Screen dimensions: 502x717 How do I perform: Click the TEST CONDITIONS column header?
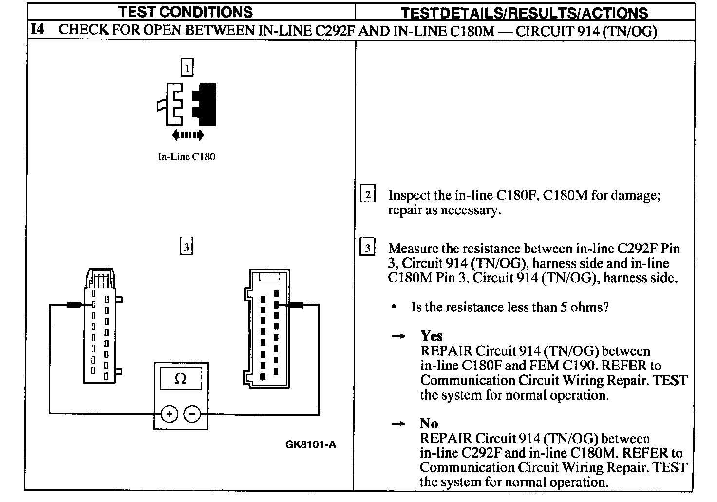click(x=186, y=12)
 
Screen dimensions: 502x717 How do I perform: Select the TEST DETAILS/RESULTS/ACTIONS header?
click(x=524, y=13)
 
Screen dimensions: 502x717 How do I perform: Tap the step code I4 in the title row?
click(x=38, y=30)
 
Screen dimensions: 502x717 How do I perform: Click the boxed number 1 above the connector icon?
click(x=187, y=67)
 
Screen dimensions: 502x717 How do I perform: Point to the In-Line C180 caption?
click(x=187, y=157)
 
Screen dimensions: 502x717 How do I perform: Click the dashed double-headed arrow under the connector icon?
click(x=188, y=135)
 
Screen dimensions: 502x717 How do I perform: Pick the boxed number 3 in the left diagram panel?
click(x=186, y=247)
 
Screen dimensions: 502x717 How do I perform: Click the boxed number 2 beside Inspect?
click(x=367, y=195)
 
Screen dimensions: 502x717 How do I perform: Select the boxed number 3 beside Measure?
click(x=367, y=248)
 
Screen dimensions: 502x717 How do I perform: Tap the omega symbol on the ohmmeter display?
click(x=180, y=379)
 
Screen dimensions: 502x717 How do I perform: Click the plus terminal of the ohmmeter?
click(x=169, y=415)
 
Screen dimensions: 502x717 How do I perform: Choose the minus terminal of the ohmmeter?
click(x=192, y=415)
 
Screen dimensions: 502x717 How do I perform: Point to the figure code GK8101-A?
click(x=310, y=444)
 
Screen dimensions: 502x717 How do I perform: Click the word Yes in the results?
click(x=431, y=336)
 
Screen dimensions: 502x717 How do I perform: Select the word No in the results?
click(x=429, y=423)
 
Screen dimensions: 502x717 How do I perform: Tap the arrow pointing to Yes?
click(x=398, y=336)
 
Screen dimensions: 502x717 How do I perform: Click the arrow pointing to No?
click(x=398, y=424)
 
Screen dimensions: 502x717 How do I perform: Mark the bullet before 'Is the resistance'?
click(x=394, y=307)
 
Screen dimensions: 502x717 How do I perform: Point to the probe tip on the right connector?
click(x=295, y=305)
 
